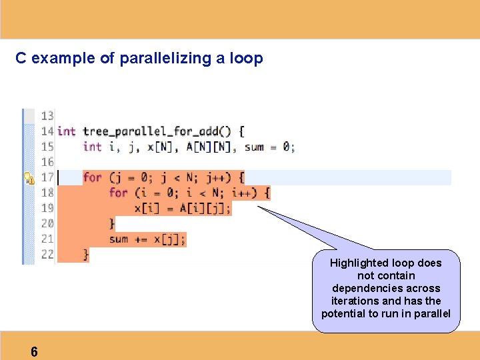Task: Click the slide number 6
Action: [34, 352]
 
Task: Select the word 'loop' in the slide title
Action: [247, 59]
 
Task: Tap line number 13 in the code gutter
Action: [47, 116]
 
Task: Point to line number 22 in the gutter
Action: [47, 254]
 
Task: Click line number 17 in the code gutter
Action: [47, 177]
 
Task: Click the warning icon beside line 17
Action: [29, 178]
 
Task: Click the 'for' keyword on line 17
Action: [92, 177]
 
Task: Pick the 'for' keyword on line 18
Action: [118, 193]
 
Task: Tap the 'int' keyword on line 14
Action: [67, 131]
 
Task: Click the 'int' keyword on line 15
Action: [92, 147]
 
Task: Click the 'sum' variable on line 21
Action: [118, 239]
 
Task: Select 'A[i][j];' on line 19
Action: [205, 208]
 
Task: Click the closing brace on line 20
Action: [112, 223]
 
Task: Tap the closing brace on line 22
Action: [86, 254]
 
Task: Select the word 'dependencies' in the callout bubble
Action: [386, 288]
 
